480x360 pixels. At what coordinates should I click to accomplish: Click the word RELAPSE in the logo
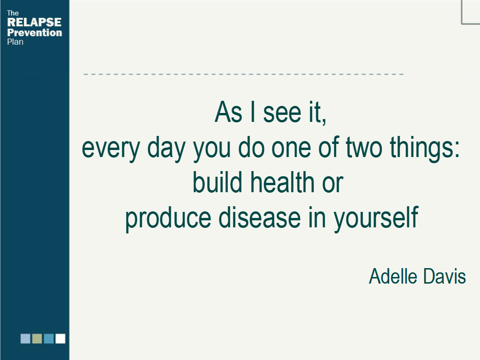tap(34, 22)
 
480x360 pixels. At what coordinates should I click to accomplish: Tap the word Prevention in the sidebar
tap(35, 32)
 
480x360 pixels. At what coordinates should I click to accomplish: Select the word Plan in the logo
tap(15, 42)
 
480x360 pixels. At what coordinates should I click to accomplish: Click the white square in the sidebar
tap(60, 338)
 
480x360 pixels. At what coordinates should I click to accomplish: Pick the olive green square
tap(37, 338)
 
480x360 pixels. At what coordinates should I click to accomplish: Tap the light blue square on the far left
tap(25, 338)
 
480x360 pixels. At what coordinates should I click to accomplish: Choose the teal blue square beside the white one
tap(49, 338)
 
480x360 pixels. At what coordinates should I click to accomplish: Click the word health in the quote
tap(283, 182)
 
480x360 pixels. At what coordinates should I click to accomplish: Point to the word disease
tap(260, 217)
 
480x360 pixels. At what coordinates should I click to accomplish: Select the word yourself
tap(376, 219)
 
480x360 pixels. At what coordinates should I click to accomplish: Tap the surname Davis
tap(444, 276)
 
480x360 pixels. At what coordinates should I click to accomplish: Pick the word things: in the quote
tap(425, 149)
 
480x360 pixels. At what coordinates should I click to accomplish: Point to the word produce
tap(168, 219)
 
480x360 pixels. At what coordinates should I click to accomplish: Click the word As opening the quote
tap(228, 112)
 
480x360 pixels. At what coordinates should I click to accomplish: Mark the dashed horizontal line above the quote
tap(244, 74)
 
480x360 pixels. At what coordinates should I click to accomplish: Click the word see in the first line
tap(282, 114)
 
